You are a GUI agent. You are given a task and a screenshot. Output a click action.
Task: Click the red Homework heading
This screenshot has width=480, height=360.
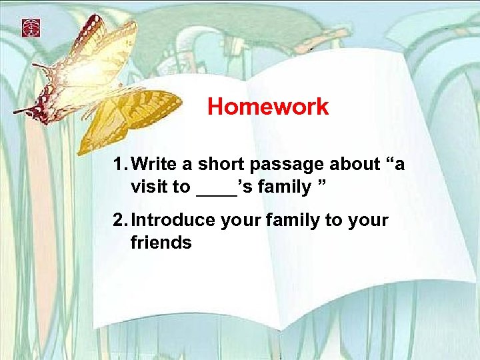click(268, 107)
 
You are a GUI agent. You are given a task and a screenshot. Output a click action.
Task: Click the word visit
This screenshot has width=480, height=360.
click(150, 187)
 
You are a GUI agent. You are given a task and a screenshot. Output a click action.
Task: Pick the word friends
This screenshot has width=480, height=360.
click(161, 243)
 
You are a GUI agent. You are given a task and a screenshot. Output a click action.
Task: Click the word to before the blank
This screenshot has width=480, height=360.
click(181, 187)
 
